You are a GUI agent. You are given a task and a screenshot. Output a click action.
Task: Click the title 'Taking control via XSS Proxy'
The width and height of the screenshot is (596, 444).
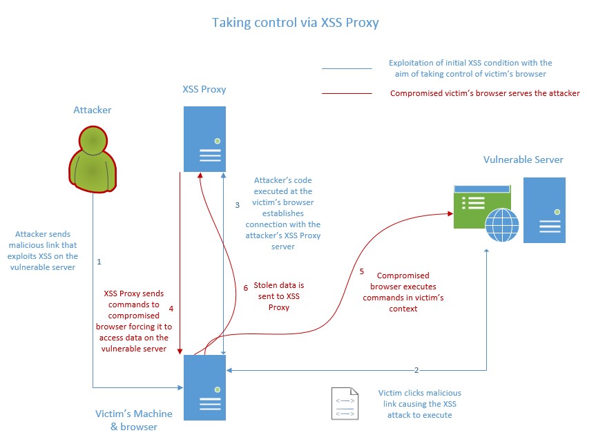click(x=296, y=23)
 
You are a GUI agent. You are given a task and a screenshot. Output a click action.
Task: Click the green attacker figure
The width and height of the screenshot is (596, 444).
click(x=93, y=159)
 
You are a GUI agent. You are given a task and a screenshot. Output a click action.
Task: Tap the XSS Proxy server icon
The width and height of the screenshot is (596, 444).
click(x=204, y=139)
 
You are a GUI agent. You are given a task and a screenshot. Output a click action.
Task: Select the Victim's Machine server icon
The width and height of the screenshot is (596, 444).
click(x=204, y=387)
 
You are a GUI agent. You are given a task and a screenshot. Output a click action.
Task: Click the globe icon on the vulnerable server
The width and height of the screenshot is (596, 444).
click(x=503, y=225)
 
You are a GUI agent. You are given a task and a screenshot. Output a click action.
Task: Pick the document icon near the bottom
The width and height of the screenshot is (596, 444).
click(x=345, y=403)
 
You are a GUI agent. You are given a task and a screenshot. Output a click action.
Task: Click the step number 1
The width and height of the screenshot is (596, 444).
click(x=99, y=262)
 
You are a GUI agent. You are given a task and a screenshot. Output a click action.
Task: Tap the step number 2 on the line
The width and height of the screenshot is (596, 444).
click(x=416, y=370)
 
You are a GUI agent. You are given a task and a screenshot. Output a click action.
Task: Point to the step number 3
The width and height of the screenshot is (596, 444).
click(x=237, y=205)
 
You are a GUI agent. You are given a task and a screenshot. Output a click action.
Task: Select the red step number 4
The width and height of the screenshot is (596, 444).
click(x=171, y=309)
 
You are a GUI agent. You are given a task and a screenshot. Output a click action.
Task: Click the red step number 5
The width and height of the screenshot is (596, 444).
click(x=362, y=271)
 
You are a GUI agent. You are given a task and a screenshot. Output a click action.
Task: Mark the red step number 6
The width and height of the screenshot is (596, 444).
click(x=246, y=288)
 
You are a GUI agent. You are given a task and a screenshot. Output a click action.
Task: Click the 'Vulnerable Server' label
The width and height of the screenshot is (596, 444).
click(x=523, y=160)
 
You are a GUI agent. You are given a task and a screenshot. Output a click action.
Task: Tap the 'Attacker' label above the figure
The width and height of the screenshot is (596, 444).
click(x=93, y=110)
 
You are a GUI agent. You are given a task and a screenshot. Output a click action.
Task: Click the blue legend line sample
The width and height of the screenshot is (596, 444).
click(x=347, y=69)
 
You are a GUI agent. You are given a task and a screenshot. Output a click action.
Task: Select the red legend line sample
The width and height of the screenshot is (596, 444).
click(x=347, y=93)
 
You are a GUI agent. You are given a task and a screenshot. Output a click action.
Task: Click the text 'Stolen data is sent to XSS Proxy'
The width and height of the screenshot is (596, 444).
click(x=278, y=296)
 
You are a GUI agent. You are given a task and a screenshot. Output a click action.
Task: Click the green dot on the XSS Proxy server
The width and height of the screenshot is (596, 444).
click(x=218, y=141)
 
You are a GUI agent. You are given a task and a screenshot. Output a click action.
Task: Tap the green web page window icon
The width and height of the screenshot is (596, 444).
click(x=482, y=206)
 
